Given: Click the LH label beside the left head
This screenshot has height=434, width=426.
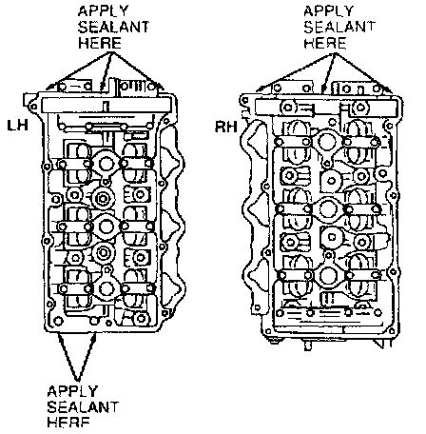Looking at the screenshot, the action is pyautogui.click(x=18, y=126).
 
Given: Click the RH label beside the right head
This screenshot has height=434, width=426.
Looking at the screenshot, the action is pyautogui.click(x=226, y=127).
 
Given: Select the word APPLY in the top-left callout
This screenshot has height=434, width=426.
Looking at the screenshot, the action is pyautogui.click(x=103, y=11).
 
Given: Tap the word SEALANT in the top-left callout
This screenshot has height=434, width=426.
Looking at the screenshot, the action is pyautogui.click(x=113, y=27).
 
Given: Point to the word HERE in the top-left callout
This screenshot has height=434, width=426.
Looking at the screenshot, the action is pyautogui.click(x=100, y=43).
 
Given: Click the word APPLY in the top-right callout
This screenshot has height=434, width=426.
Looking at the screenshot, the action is pyautogui.click(x=328, y=11).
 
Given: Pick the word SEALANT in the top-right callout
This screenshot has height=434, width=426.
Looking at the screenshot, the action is pyautogui.click(x=339, y=27).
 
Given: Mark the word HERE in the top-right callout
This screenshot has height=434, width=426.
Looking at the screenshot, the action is pyautogui.click(x=325, y=43).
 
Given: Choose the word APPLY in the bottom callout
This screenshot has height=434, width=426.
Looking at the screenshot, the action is pyautogui.click(x=72, y=391).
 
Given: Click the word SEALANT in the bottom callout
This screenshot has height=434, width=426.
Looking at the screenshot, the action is pyautogui.click(x=83, y=407).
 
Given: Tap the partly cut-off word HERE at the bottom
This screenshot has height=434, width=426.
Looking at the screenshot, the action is pyautogui.click(x=68, y=423).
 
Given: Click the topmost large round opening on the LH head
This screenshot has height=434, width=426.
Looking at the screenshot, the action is pyautogui.click(x=106, y=164).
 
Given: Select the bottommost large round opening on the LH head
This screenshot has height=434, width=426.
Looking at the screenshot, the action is pyautogui.click(x=106, y=288).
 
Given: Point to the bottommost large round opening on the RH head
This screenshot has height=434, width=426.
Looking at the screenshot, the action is pyautogui.click(x=327, y=275).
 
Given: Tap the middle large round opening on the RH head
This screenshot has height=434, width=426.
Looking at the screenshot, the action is pyautogui.click(x=326, y=208).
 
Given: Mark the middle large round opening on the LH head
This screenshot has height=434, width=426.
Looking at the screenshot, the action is pyautogui.click(x=106, y=226).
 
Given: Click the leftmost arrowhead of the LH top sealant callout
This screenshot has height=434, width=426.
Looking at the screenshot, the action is pyautogui.click(x=49, y=87).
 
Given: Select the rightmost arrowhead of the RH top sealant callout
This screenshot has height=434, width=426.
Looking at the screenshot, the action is pyautogui.click(x=389, y=89).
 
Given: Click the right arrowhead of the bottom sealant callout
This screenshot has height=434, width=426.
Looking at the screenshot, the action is pyautogui.click(x=94, y=337).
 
